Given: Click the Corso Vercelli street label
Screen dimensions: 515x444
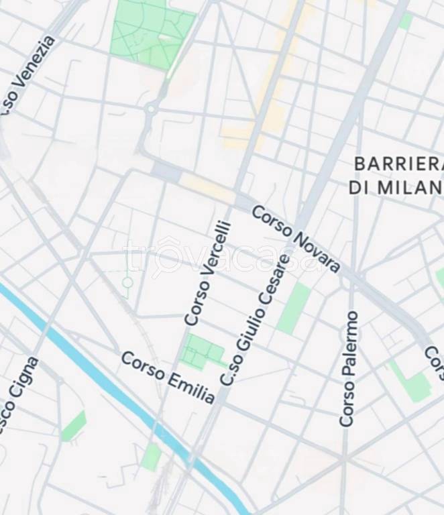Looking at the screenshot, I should [x=208, y=274].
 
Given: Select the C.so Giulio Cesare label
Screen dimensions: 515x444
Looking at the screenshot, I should [x=256, y=321].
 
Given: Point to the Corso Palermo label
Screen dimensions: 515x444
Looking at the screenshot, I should [x=348, y=369].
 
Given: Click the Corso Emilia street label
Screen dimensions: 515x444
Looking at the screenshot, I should [x=168, y=377].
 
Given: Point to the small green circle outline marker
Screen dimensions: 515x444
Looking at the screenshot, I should [x=127, y=282].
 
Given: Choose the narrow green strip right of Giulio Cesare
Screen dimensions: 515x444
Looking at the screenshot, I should [x=294, y=308].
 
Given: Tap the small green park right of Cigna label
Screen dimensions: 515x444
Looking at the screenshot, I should [x=74, y=426].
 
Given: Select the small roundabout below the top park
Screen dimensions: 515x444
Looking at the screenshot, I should [x=152, y=108].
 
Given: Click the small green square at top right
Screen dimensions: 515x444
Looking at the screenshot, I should [x=406, y=21].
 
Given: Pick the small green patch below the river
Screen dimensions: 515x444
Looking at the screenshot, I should [x=152, y=457].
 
